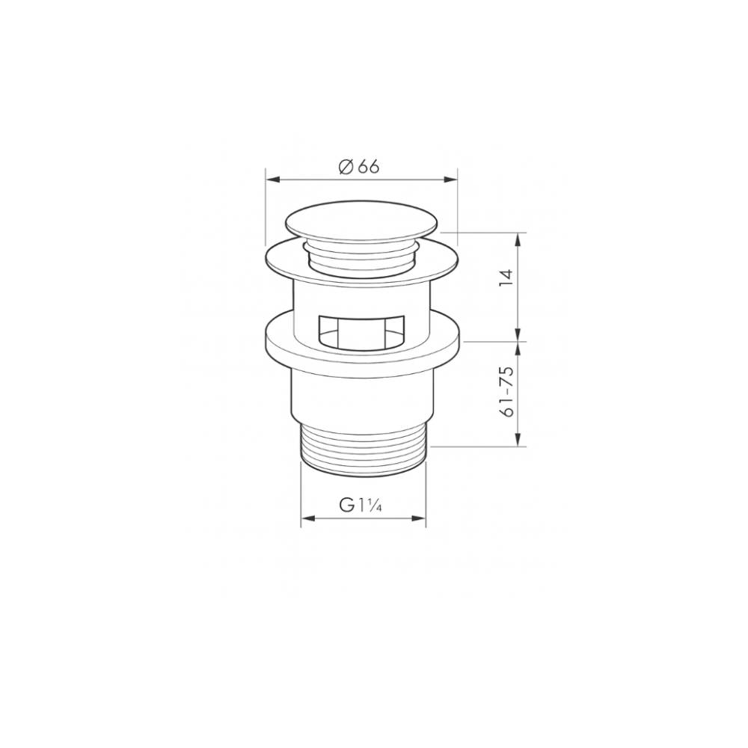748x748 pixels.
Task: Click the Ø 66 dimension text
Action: pos(359,167)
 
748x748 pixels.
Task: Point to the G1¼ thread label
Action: pos(361,506)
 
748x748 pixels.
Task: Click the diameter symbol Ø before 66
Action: pos(345,167)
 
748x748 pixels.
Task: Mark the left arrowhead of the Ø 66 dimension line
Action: pos(272,180)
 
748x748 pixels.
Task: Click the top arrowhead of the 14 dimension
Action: pos(518,238)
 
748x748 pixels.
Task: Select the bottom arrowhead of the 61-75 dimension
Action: pos(518,441)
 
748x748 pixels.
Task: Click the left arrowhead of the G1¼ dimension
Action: pos(306,518)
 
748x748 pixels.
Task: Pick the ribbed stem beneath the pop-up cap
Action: pos(362,258)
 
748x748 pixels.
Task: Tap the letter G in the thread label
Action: pos(347,506)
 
